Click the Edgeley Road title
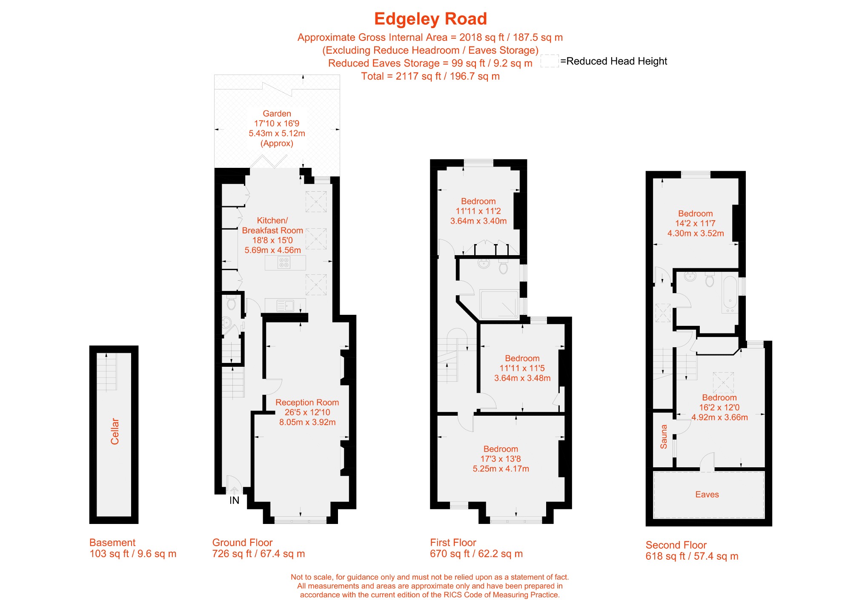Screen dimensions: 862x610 coord(430,19)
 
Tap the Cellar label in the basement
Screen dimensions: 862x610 coord(115,431)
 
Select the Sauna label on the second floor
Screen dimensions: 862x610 coord(664,437)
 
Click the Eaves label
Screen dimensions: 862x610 coord(707,495)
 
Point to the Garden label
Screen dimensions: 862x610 coord(277,114)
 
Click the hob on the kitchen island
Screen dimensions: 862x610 coord(284,263)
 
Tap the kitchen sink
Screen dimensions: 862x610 coord(285,305)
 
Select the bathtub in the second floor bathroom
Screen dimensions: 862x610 coord(730,295)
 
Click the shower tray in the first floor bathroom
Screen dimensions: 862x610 coord(499,304)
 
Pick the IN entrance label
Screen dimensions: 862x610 coord(235,501)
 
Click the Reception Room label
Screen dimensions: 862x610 coord(307,403)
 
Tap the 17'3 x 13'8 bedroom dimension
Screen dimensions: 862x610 coord(501,459)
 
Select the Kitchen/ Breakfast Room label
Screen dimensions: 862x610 coord(272,225)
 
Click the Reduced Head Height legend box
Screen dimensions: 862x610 coord(550,61)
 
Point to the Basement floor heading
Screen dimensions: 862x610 coord(112,543)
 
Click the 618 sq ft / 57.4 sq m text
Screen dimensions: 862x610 coord(692,556)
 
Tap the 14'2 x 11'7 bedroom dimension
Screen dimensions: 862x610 coord(695,223)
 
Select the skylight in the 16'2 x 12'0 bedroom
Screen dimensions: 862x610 coord(723,383)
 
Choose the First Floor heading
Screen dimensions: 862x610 coord(453,543)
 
